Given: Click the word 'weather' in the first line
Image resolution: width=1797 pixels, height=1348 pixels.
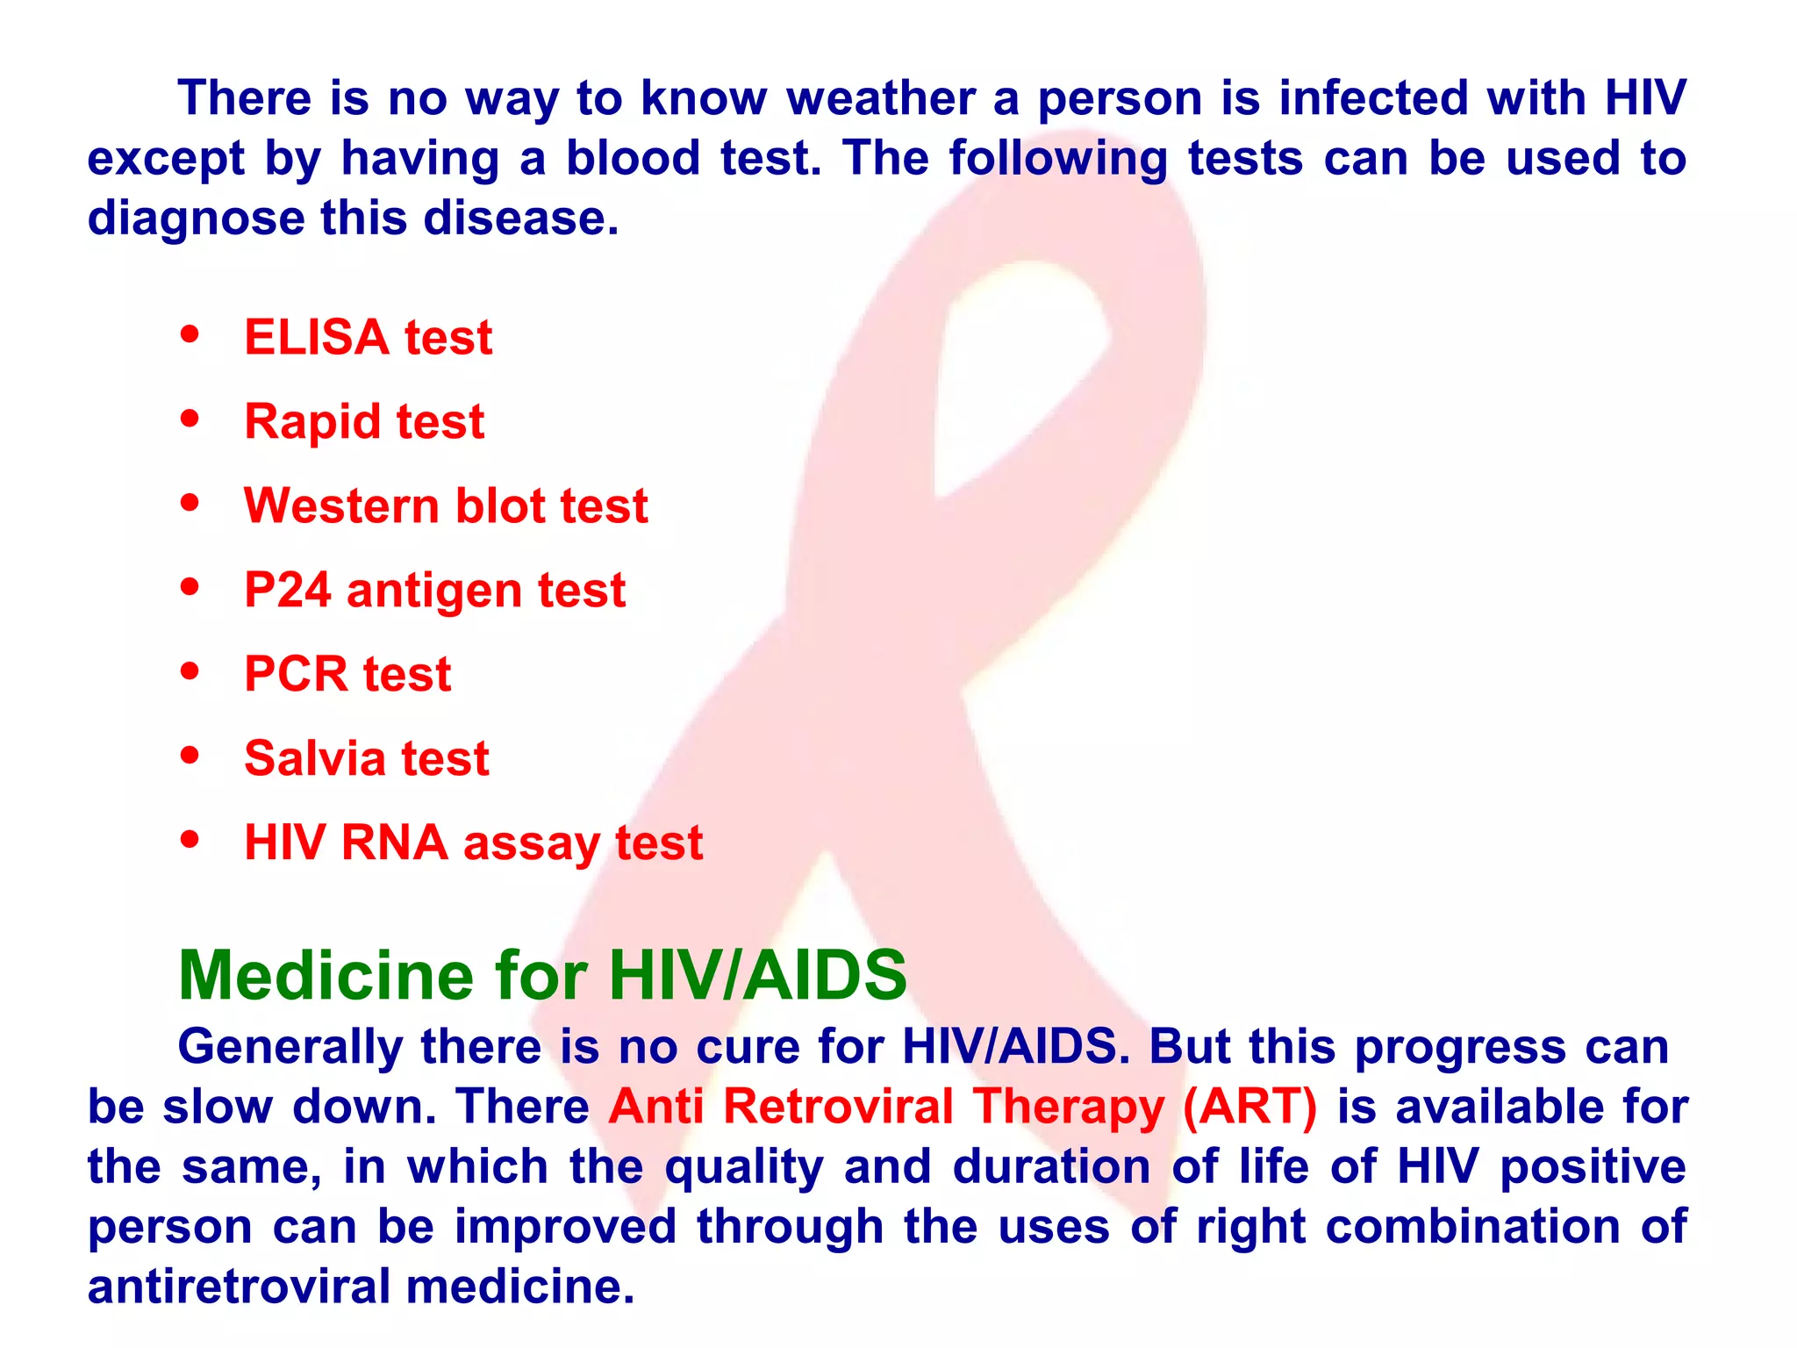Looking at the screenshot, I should click(x=880, y=98).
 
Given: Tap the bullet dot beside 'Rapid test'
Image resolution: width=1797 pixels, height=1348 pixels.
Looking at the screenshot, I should click(x=190, y=419).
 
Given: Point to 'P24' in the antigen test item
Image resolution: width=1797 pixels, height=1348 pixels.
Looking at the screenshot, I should click(x=287, y=590).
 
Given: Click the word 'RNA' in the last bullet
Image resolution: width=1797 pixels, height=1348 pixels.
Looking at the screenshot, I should click(x=395, y=842).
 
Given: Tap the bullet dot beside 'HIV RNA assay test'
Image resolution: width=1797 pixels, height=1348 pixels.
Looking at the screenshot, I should click(x=190, y=839).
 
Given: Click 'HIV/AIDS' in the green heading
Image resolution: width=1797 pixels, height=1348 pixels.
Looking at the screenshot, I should click(x=758, y=976).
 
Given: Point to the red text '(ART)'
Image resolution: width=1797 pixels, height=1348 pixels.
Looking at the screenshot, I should click(x=1249, y=1107).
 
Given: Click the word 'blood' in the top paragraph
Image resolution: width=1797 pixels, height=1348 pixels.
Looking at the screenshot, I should click(x=633, y=159).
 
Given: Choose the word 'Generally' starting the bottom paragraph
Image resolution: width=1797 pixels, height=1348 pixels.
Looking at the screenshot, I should click(x=290, y=1047).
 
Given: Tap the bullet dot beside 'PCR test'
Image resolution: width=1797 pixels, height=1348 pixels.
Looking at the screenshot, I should click(x=190, y=671).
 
